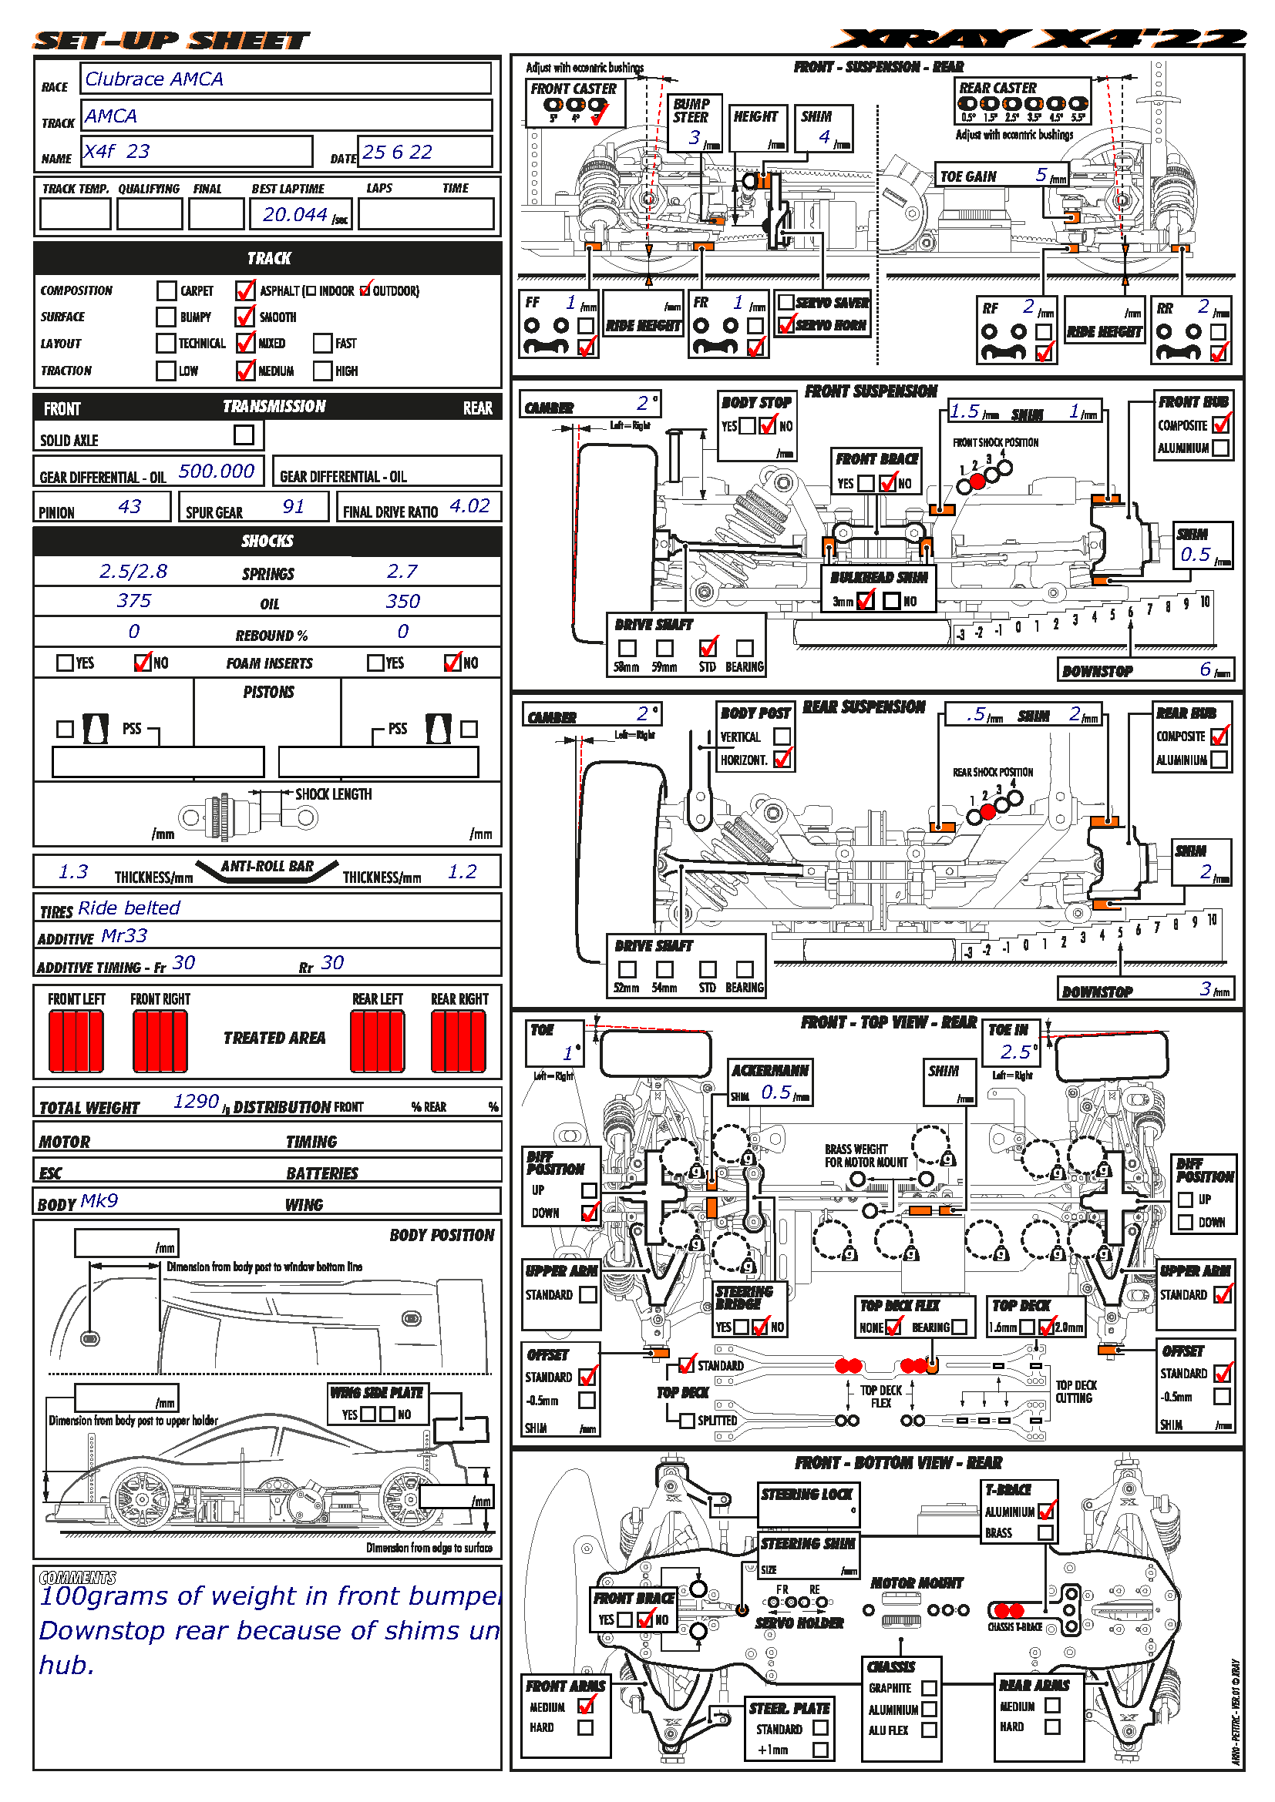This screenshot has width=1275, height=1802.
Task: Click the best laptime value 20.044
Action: coord(294,214)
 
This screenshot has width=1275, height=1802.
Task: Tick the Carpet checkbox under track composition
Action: coord(166,291)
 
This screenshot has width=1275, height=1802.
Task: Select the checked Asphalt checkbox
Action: coord(245,291)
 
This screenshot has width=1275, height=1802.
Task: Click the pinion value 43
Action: coord(130,507)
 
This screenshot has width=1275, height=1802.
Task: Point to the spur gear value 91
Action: coord(293,507)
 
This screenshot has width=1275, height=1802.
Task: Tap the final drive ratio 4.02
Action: coord(469,507)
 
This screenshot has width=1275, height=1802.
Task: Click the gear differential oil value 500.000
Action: coord(216,471)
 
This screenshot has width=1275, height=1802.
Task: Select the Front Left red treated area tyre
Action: coord(76,1041)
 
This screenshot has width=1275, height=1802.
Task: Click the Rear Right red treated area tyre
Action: coord(459,1041)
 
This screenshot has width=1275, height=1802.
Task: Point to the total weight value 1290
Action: coord(196,1102)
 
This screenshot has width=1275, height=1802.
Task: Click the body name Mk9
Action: coord(99,1202)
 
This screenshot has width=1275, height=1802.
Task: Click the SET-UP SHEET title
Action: coord(171,41)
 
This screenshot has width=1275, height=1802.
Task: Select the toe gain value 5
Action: coord(1041,175)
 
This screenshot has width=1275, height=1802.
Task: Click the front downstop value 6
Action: coord(1205,669)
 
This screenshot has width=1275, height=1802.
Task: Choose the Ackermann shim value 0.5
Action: coord(775,1092)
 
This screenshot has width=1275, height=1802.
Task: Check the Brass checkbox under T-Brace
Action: coord(1045,1533)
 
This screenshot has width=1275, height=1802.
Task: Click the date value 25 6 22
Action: coord(397,153)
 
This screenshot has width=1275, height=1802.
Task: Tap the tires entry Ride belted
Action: coord(130,908)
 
